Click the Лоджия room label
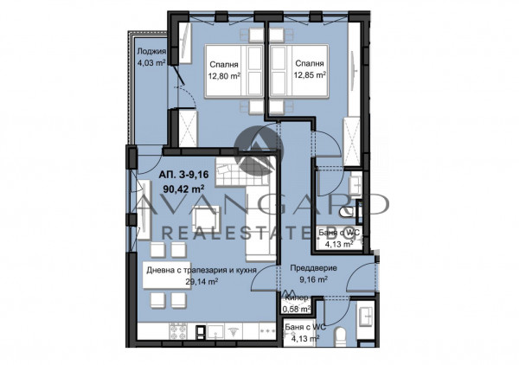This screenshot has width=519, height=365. [x=151, y=51]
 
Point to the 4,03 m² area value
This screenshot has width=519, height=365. [x=151, y=61]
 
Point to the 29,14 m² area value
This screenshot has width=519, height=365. [x=177, y=282]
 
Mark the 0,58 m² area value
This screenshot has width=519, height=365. [x=297, y=309]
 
